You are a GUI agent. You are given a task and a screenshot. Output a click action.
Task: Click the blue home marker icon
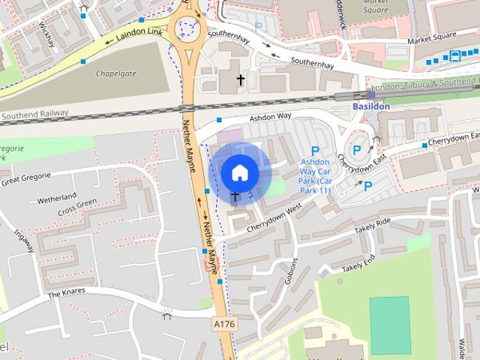(239, 172)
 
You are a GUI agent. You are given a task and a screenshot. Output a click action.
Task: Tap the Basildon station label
(370, 106)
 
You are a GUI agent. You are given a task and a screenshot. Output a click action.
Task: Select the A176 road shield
(223, 324)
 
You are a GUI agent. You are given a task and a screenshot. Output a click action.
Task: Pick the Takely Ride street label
(373, 223)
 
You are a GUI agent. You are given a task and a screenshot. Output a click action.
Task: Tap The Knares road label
(67, 291)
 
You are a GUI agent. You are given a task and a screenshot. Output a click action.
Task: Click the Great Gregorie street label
(25, 178)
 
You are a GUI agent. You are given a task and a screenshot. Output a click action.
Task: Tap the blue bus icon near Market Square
(454, 55)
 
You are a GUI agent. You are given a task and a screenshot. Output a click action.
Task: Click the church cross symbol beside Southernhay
(241, 79)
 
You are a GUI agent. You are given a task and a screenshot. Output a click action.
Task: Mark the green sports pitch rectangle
(390, 325)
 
